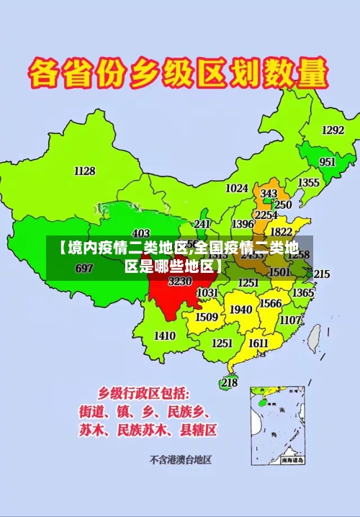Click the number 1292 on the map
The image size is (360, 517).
pos(333,130)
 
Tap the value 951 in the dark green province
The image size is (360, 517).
pos(328,162)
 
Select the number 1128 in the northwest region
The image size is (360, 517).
pos(84,171)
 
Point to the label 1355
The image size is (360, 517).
pos(309,183)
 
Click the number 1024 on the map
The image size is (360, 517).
pos(237,188)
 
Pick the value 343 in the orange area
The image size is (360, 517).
pos(269,194)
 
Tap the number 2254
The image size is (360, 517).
pos(266,215)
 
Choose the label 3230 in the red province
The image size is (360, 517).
pos(180,282)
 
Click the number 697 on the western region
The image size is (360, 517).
pos(84,269)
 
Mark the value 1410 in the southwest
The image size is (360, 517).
pos(165,336)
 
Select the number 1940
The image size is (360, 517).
pos(240,310)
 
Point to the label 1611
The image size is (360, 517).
pos(258,343)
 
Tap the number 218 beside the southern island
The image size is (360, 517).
pos(229,382)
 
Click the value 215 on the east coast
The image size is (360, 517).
pos(321,274)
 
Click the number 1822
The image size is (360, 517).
pos(281,232)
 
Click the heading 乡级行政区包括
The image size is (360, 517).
pos(144,393)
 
